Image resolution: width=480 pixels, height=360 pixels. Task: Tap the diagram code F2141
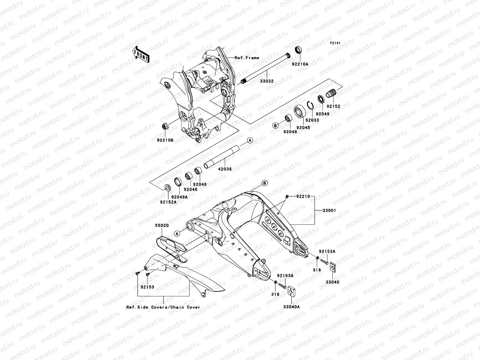pyautogui.click(x=336, y=43)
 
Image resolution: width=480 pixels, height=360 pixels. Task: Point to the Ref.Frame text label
pyautogui.click(x=251, y=58)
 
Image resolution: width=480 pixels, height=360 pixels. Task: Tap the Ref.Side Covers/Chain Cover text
pyautogui.click(x=163, y=307)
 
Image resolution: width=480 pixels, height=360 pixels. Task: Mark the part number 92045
pyautogui.click(x=295, y=127)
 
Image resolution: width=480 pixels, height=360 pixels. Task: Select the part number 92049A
pyautogui.click(x=180, y=197)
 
